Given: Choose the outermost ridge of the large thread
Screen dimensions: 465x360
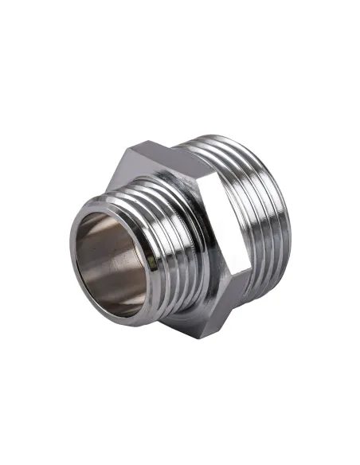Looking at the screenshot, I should (283, 223).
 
